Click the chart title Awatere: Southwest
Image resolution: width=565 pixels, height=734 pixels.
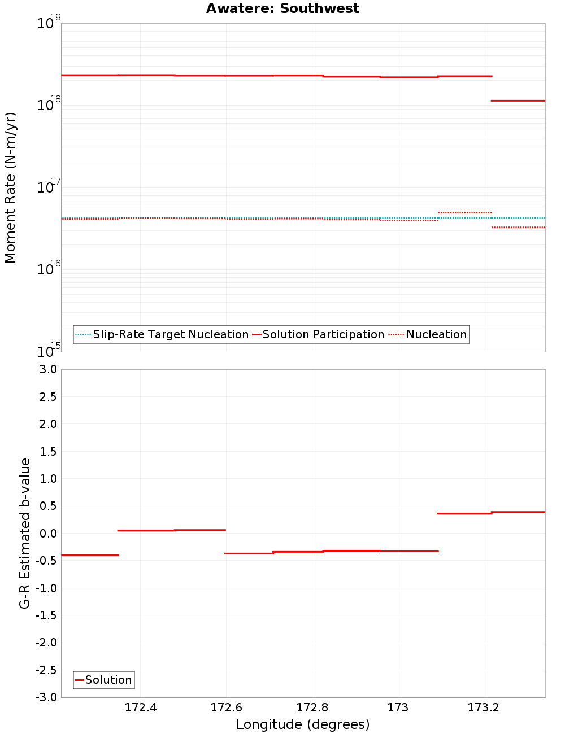(x=282, y=8)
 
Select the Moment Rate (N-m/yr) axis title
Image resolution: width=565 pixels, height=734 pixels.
(x=10, y=187)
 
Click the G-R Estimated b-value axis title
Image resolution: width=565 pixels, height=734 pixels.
(x=25, y=533)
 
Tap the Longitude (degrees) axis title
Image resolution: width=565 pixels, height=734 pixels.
(x=303, y=724)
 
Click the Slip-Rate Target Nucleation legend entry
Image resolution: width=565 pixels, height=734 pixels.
(x=170, y=334)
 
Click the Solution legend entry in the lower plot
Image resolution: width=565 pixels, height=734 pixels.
(x=108, y=680)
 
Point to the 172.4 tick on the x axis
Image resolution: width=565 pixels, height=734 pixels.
(x=141, y=708)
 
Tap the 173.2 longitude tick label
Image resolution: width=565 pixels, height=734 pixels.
(x=484, y=708)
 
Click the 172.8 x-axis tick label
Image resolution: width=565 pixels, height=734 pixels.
(x=312, y=708)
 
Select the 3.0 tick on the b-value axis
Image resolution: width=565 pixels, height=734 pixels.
(x=46, y=369)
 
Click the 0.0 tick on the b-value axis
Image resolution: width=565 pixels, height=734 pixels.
(x=46, y=534)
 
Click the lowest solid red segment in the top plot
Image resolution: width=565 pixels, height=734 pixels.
(x=518, y=101)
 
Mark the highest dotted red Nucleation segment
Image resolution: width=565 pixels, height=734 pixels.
(x=464, y=213)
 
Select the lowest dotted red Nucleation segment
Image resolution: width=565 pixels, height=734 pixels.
(x=518, y=228)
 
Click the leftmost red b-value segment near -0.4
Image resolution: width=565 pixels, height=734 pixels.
(x=90, y=555)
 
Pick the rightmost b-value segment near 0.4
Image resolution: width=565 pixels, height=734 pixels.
(x=518, y=512)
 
